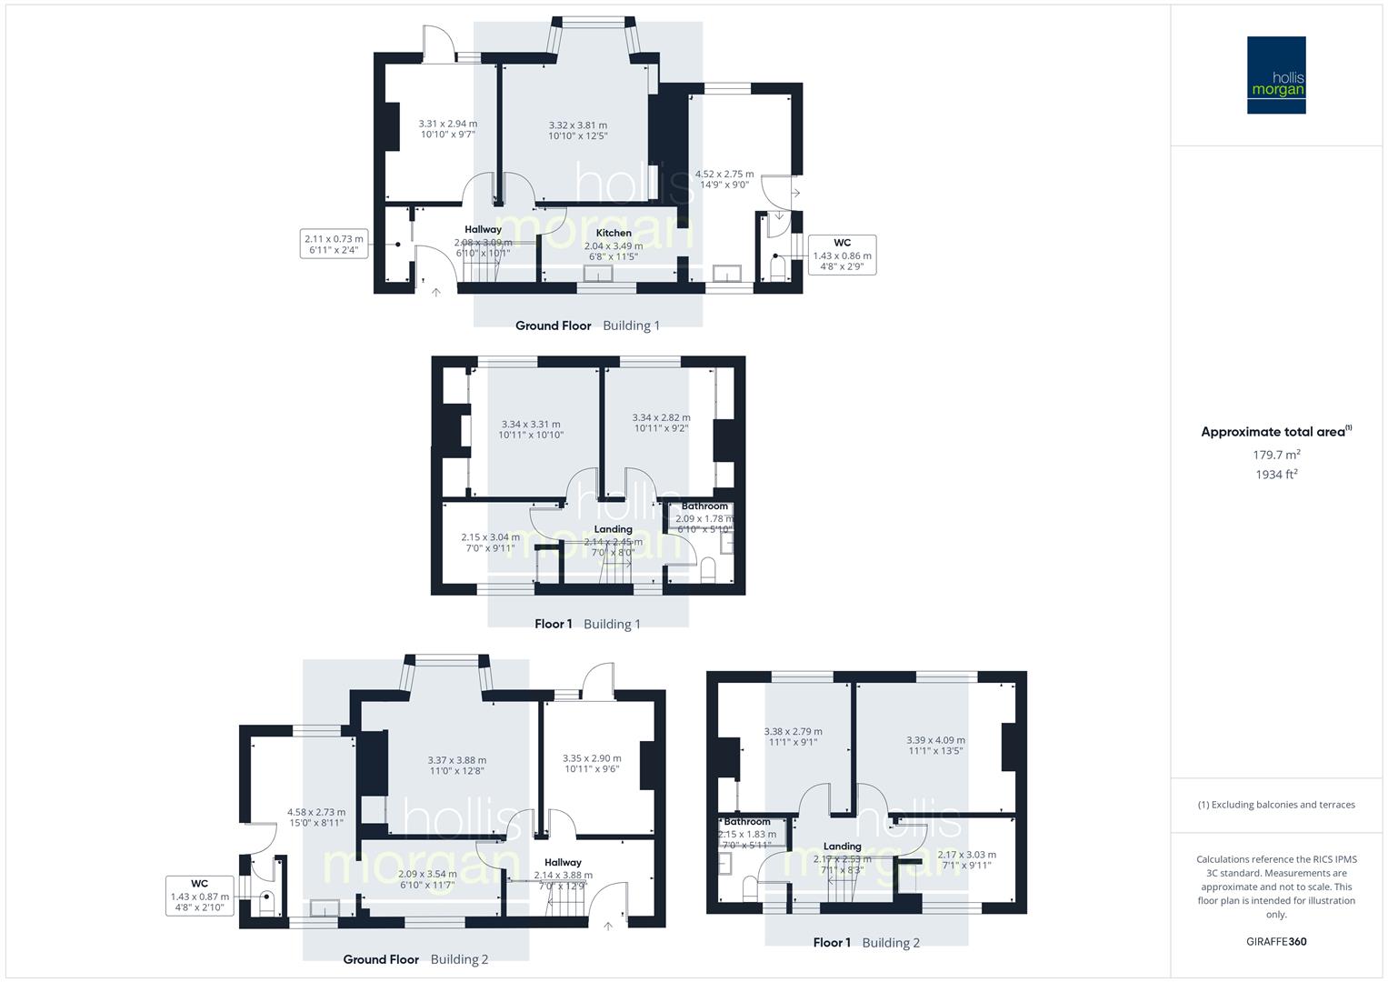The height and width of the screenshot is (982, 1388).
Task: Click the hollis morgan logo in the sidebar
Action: [x=1276, y=75]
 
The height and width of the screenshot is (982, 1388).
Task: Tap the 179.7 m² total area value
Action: [x=1276, y=455]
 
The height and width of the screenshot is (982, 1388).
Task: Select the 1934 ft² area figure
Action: [x=1276, y=474]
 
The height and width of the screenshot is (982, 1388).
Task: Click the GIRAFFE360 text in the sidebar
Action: [x=1276, y=942]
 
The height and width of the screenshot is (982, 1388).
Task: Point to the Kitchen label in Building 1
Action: [x=614, y=234]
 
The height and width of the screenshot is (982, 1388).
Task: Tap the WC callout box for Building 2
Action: [x=200, y=896]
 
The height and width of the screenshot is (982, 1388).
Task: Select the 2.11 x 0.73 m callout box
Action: [x=335, y=245]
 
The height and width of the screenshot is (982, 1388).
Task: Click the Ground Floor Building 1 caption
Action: [x=587, y=326]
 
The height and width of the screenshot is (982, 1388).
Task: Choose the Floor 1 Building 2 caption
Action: [x=866, y=943]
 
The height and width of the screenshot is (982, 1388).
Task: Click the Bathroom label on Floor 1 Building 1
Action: [x=704, y=506]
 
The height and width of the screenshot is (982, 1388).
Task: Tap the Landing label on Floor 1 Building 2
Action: [x=842, y=847]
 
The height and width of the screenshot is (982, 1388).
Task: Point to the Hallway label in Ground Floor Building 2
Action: [x=563, y=863]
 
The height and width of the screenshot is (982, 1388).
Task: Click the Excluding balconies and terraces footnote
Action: [x=1276, y=805]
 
